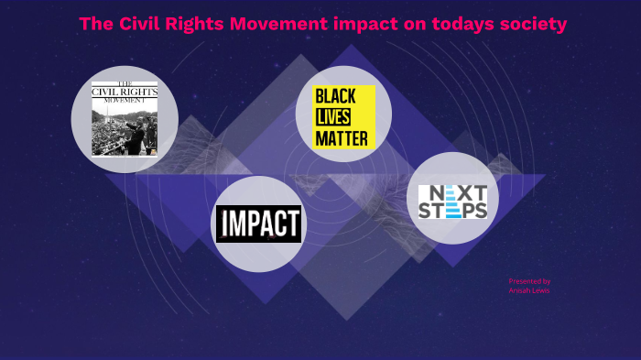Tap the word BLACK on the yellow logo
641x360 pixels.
pyautogui.click(x=342, y=97)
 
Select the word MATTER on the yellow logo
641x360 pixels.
pyautogui.click(x=341, y=138)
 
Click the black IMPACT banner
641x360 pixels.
pyautogui.click(x=258, y=224)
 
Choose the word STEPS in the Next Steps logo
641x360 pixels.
pyautogui.click(x=453, y=211)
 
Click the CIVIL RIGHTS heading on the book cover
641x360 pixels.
pyautogui.click(x=124, y=91)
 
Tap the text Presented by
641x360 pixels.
pyautogui.click(x=529, y=281)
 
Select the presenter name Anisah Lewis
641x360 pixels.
pyautogui.click(x=529, y=290)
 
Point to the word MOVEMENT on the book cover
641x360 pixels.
pyautogui.click(x=124, y=101)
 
